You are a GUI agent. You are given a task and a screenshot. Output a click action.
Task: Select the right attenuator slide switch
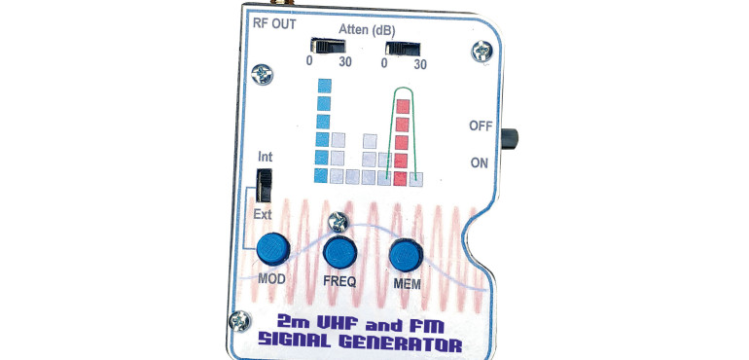(x=400, y=47)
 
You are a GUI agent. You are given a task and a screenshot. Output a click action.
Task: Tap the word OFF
(x=481, y=126)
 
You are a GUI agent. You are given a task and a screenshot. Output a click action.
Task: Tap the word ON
(x=480, y=162)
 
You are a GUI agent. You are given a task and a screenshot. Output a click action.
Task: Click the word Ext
(x=264, y=214)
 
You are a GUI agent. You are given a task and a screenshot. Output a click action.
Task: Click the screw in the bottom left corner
(x=237, y=318)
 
